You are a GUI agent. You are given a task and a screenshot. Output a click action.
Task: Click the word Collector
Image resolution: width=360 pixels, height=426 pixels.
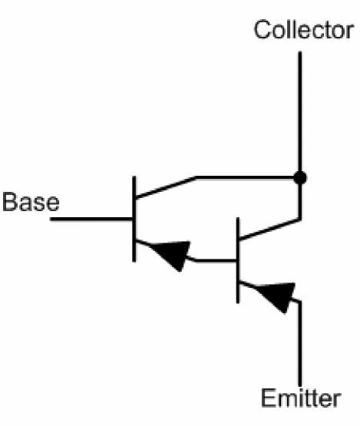303,30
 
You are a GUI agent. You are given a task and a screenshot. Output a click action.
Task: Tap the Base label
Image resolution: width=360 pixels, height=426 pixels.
31,202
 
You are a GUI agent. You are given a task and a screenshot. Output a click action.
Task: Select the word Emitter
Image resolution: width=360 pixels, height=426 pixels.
301,398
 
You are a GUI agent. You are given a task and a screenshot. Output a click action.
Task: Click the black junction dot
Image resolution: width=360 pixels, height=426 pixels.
300,178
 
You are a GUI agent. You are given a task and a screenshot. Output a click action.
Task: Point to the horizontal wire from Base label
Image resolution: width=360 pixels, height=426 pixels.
91,219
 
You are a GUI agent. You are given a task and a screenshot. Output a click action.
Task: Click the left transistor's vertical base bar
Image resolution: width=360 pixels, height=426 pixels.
134,219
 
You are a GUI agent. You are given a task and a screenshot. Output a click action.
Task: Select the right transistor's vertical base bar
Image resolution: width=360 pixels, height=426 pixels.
238,260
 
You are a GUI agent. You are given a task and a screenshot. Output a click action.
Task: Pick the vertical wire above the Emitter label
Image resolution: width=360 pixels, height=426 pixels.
300,343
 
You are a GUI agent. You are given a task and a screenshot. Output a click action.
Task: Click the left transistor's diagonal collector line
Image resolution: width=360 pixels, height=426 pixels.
166,187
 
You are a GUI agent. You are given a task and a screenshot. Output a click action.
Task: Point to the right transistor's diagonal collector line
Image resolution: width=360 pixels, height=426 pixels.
269,230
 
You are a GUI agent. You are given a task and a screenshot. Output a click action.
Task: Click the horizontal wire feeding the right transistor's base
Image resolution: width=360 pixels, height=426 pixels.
216,260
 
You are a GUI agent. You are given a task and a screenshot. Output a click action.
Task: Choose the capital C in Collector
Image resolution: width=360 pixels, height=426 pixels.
262,30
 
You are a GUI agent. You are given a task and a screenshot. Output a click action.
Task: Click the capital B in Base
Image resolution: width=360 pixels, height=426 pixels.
9,202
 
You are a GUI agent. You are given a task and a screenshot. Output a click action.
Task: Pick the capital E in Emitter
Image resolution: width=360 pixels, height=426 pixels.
269,398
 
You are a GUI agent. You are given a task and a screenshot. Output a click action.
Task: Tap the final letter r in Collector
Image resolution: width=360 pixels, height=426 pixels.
350,32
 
